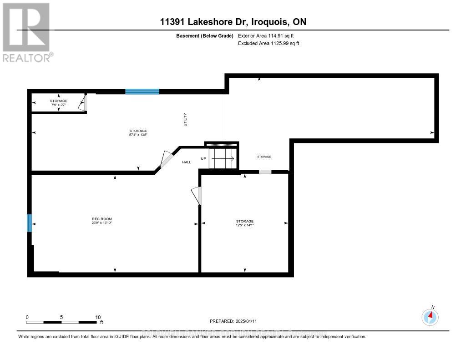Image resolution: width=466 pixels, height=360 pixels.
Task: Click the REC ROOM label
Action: point(101,219)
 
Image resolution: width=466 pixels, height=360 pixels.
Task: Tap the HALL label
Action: point(187,162)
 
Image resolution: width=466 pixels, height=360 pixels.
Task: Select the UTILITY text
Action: point(185,120)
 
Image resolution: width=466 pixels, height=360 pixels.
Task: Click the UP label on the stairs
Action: point(204,158)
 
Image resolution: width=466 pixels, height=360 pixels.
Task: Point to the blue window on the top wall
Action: point(142,91)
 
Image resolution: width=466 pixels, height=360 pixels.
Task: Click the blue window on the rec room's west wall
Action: point(30,223)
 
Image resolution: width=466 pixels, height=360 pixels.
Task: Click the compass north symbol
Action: point(430,316)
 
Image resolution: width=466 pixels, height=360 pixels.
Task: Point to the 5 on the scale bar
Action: point(61,317)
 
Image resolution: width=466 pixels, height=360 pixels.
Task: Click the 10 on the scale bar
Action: point(98,317)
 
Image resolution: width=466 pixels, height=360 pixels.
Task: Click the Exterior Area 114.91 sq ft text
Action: point(269,35)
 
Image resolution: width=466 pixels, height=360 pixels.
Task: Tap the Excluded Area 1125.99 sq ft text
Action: point(268,43)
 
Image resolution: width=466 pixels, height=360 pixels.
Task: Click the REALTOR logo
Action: point(27,32)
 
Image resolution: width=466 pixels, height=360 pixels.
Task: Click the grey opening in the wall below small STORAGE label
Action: point(265,172)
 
